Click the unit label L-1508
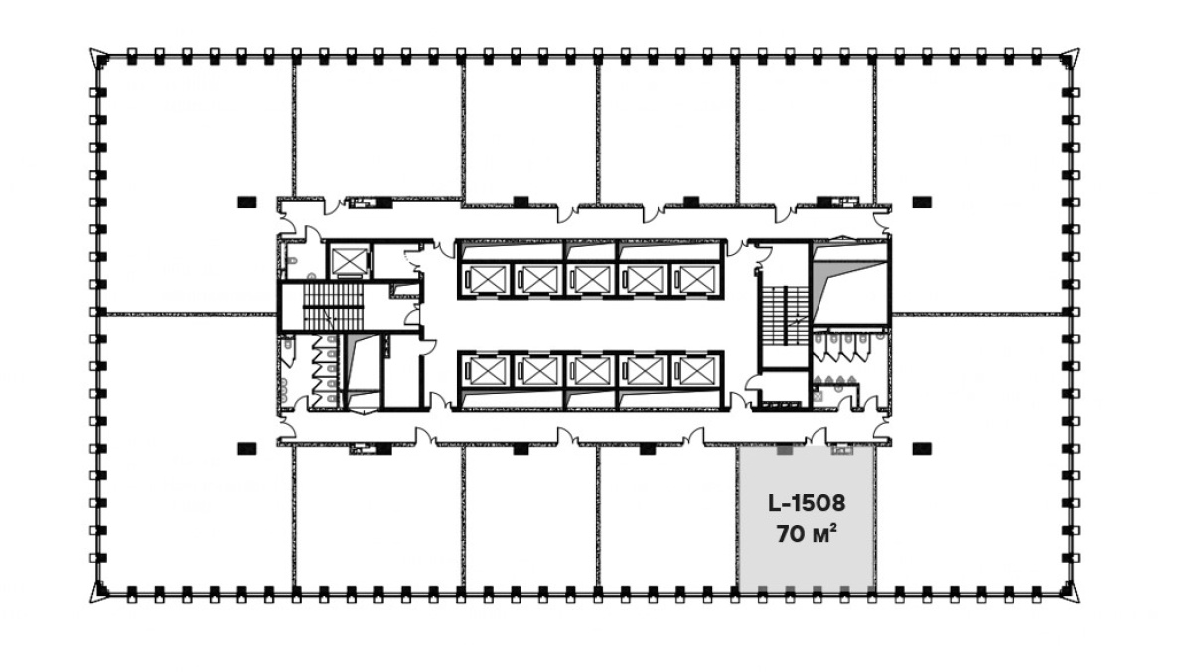point(807,503)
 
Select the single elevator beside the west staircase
point(349,262)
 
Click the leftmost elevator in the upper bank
point(487,279)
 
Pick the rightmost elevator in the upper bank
point(695,279)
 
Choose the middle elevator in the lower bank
point(591,370)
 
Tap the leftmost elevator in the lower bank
point(487,370)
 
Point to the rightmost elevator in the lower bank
point(695,370)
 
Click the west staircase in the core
point(333,307)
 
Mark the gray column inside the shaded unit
point(785,450)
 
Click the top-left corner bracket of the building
point(99,57)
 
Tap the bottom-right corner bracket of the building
point(1070,592)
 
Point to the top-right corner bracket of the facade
point(1070,57)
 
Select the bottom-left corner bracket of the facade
point(99,592)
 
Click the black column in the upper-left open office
point(247,202)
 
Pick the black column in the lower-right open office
point(922,449)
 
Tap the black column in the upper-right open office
point(922,202)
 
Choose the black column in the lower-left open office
point(247,449)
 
